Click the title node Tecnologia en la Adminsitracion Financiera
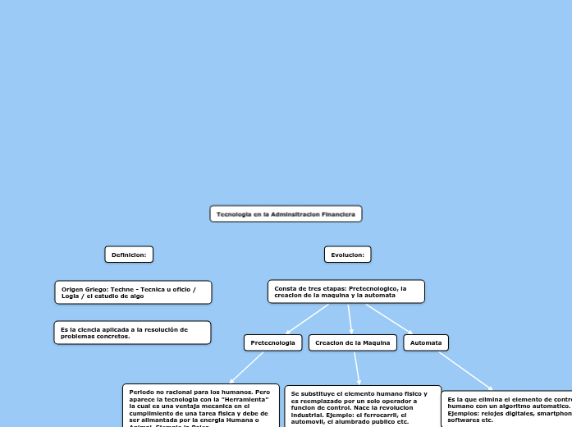point(286,214)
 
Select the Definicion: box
point(129,255)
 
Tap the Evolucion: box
point(347,255)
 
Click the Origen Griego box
point(133,292)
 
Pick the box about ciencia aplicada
point(132,333)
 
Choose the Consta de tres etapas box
point(345,292)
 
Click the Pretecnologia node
point(272,342)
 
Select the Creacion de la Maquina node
point(353,342)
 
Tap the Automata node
point(426,342)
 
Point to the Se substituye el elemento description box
point(362,406)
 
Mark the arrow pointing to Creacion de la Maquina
point(350,319)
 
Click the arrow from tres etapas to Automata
point(388,319)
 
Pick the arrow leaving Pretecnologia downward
point(246,367)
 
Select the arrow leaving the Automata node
point(464,371)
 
